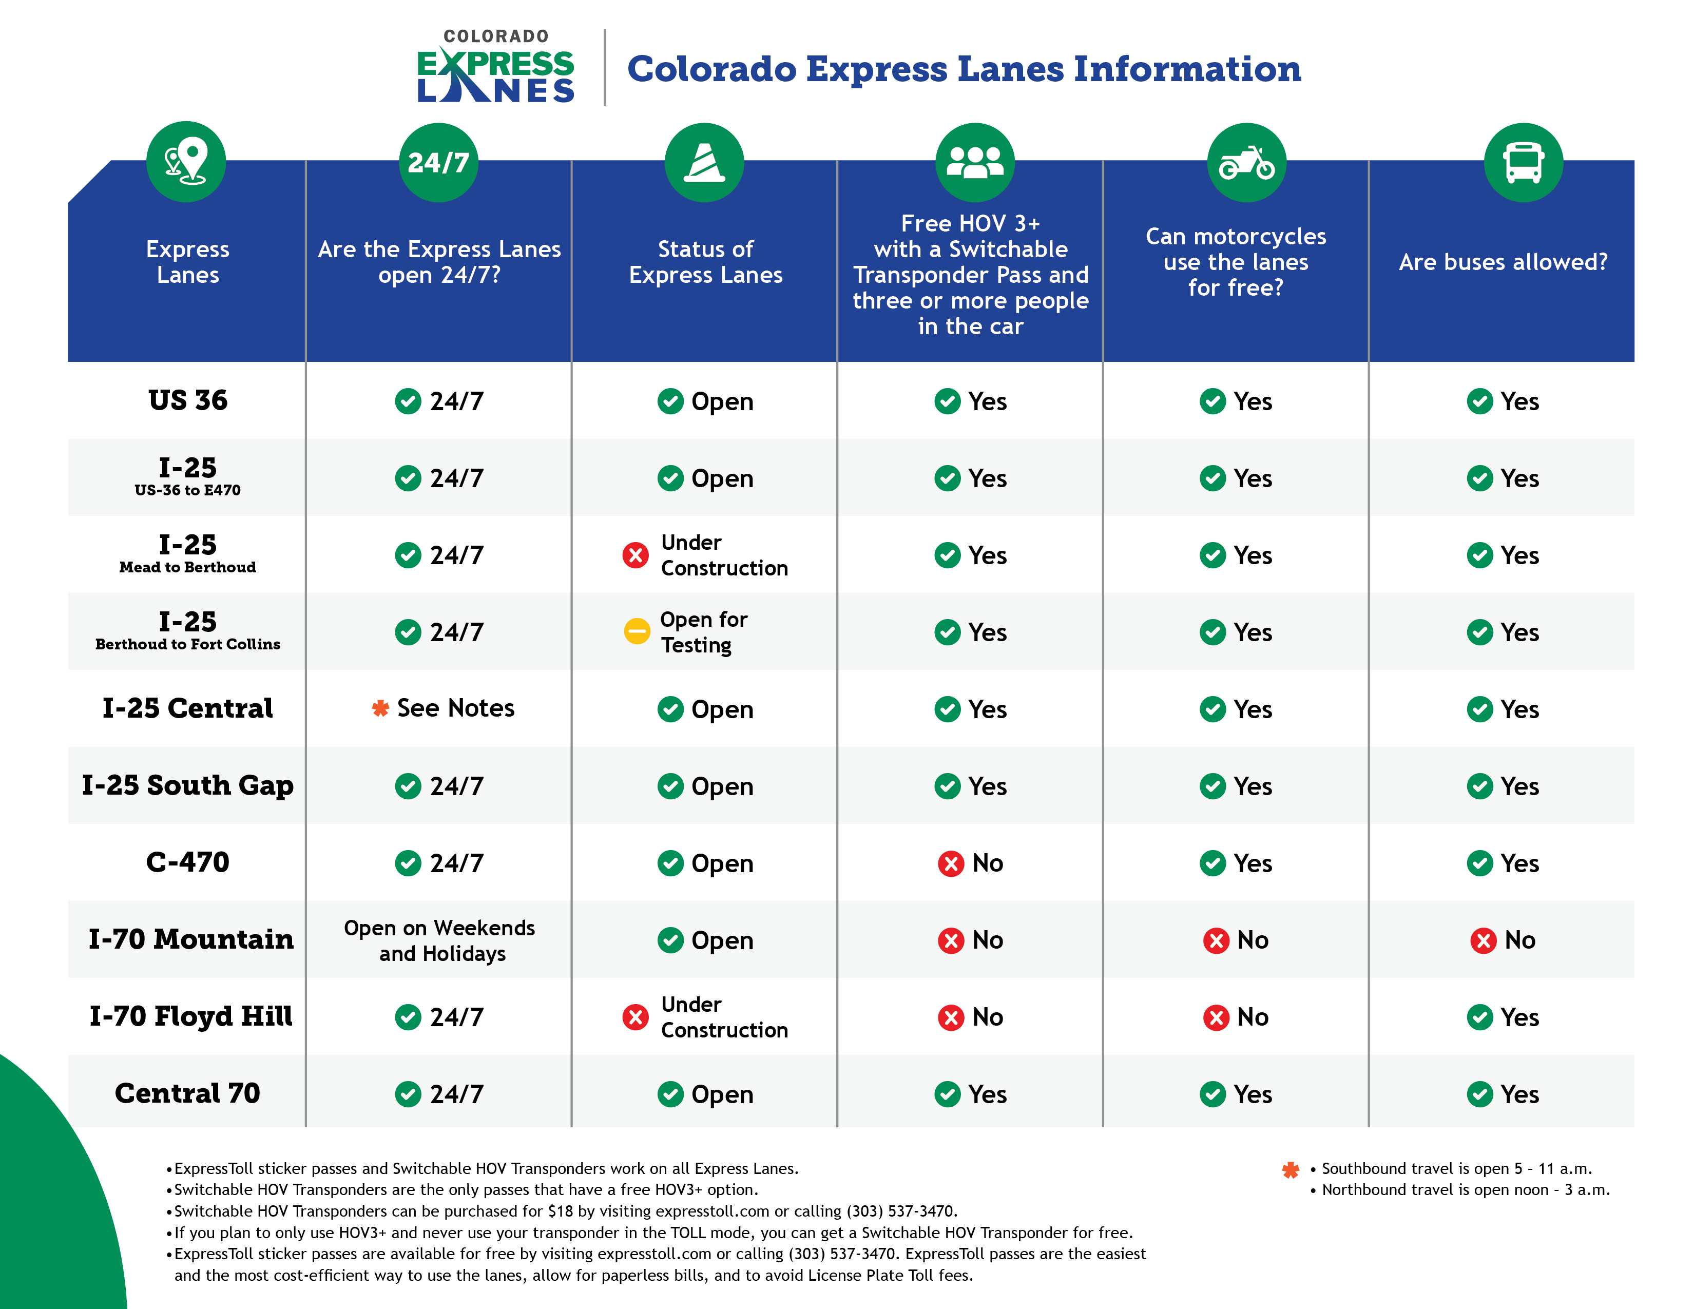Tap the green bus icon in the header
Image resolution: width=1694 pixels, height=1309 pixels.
(1523, 162)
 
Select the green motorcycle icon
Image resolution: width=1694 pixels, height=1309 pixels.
(1246, 162)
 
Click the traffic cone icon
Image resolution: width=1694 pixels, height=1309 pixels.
(703, 162)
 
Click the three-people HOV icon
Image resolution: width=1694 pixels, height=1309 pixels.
(974, 162)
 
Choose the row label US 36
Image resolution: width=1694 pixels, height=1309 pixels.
(188, 400)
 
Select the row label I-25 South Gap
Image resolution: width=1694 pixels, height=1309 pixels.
(188, 785)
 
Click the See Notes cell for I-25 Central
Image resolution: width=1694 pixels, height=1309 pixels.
(443, 708)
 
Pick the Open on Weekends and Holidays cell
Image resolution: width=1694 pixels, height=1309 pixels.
(440, 940)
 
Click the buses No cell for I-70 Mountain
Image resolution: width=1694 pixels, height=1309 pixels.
(1503, 940)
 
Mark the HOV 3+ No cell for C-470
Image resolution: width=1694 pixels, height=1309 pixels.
(970, 863)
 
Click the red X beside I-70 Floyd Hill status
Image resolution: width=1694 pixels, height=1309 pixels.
(636, 1016)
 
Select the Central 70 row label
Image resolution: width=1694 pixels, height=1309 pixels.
(188, 1093)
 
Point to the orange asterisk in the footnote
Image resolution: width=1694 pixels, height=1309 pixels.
(1290, 1169)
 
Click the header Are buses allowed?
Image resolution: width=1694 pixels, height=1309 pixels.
(1503, 262)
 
